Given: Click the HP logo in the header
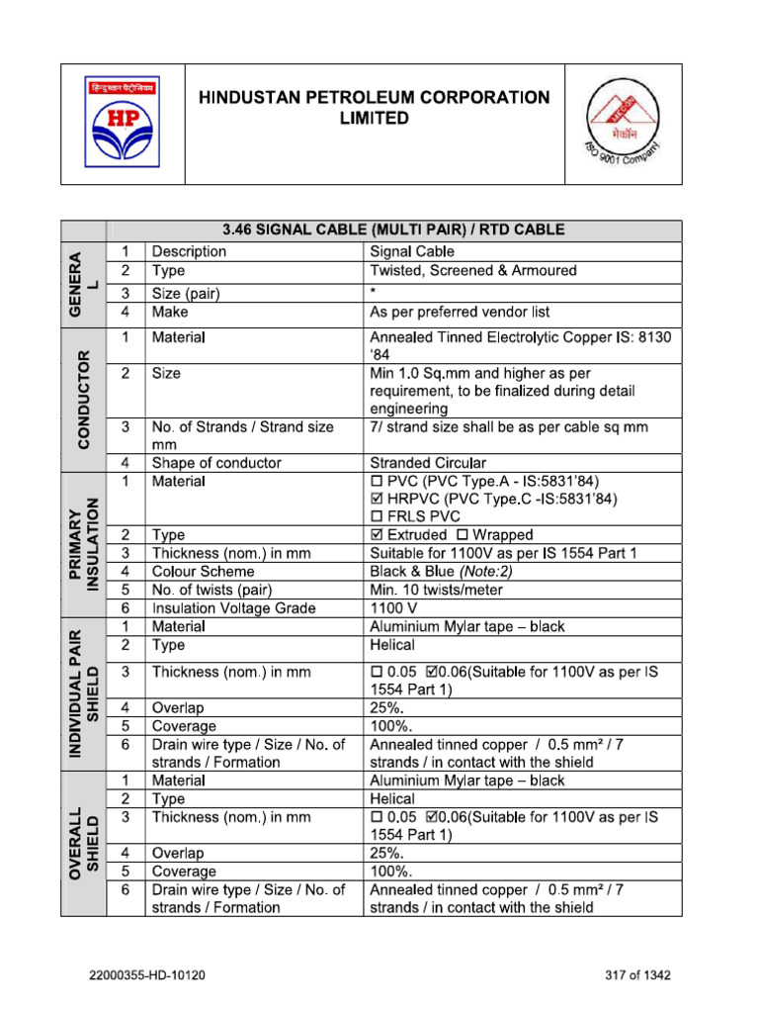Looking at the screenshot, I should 124,123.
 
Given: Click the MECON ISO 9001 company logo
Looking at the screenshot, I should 622,125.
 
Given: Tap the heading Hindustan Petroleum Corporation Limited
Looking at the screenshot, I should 374,108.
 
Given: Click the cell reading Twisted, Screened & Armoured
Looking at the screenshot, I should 472,270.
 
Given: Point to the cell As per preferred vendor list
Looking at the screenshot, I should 459,312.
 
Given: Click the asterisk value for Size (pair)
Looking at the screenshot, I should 374,293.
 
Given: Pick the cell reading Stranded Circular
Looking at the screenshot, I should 427,463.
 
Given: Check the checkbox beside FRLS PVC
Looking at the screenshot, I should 376,517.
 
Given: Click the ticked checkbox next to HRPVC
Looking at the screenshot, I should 376,500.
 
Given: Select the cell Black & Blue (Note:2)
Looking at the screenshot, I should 441,572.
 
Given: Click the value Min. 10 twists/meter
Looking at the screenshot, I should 436,590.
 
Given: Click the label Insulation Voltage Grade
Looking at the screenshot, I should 233,608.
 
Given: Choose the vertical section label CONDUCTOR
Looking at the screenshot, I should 83,397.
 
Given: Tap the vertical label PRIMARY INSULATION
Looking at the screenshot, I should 83,545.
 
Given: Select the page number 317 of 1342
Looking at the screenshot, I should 638,975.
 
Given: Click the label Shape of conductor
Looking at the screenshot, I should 216,463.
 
